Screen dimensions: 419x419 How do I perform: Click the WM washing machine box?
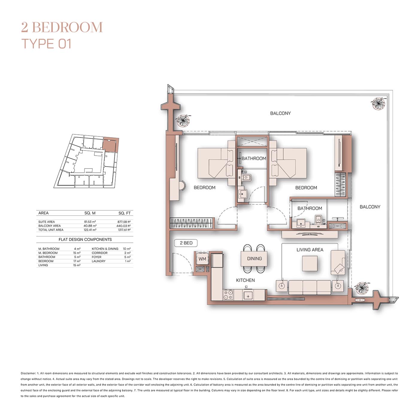[x=202, y=259]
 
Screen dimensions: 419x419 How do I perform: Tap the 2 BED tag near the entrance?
[x=186, y=243]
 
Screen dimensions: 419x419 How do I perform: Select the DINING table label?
[x=254, y=259]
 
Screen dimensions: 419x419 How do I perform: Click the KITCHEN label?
[x=245, y=280]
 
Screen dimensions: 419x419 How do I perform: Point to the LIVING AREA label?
[x=310, y=250]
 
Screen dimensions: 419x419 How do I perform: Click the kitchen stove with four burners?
[x=228, y=294]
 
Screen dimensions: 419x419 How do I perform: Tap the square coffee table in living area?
[x=309, y=263]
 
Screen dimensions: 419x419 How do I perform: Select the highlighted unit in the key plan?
[x=110, y=145]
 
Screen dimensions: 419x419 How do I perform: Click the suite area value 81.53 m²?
[x=90, y=222]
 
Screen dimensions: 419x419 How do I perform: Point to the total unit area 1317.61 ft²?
[x=124, y=230]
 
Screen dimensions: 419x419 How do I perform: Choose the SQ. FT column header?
[x=124, y=213]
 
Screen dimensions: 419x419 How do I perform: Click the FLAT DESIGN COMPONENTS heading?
[x=85, y=239]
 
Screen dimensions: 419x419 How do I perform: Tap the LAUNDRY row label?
[x=98, y=261]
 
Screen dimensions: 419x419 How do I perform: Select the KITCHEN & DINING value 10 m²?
[x=127, y=249]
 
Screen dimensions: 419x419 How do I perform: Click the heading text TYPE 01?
[x=46, y=44]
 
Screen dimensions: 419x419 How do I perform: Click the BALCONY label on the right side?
[x=370, y=207]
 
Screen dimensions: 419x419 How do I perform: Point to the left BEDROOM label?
[x=204, y=188]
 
